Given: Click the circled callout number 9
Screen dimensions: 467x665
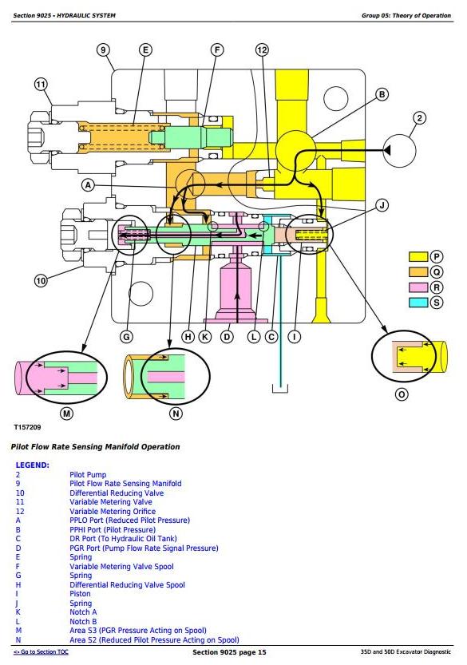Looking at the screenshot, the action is click(103, 50).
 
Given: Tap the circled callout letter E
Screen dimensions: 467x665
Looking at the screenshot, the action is click(145, 50).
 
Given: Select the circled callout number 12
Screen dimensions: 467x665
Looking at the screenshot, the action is click(262, 50).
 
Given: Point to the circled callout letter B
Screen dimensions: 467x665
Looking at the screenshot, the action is click(382, 94).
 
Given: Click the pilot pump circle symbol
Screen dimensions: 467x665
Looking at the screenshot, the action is click(399, 151).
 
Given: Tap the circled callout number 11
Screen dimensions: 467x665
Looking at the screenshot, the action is click(41, 84).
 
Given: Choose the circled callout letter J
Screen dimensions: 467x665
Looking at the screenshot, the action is click(382, 206).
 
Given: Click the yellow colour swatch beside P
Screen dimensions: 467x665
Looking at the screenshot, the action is click(418, 256).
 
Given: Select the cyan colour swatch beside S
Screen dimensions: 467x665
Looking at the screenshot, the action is click(418, 303).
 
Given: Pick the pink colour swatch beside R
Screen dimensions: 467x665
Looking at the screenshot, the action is click(418, 287).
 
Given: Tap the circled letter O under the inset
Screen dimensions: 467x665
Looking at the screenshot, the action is click(402, 394).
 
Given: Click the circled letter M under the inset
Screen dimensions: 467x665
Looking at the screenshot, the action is click(66, 414).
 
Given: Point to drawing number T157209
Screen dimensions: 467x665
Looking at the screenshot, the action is click(28, 427).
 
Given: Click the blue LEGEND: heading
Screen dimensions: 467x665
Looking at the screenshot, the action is click(33, 465).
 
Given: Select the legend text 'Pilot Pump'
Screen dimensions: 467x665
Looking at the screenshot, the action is click(88, 474).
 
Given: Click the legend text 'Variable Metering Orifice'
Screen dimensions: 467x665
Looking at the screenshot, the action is click(113, 512).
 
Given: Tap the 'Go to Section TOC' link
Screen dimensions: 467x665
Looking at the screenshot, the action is click(41, 652).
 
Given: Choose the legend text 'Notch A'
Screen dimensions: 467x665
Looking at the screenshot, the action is click(83, 612).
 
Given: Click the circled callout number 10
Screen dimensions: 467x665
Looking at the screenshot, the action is click(41, 281).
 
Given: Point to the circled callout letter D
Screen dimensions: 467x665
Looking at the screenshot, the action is click(228, 337).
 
